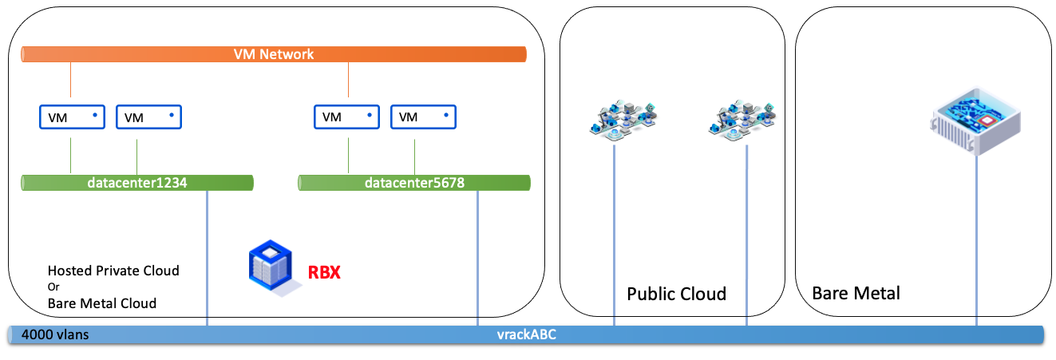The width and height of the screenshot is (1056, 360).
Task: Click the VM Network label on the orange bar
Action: (274, 54)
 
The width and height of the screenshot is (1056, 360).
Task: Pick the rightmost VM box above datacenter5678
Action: (424, 117)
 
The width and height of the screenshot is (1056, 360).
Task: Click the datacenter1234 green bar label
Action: (137, 184)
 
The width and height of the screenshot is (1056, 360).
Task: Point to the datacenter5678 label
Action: (414, 184)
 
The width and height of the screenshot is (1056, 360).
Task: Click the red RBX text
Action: (325, 273)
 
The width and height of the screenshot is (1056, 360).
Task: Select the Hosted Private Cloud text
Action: (113, 271)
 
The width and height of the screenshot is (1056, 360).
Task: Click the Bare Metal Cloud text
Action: (102, 303)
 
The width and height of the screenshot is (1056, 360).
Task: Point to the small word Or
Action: (53, 287)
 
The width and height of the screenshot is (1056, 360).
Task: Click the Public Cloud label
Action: (676, 294)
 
